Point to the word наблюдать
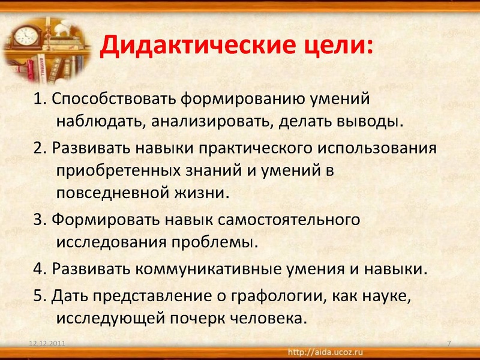[x=97, y=122]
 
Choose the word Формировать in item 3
[x=97, y=220]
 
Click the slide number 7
[x=449, y=343]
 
